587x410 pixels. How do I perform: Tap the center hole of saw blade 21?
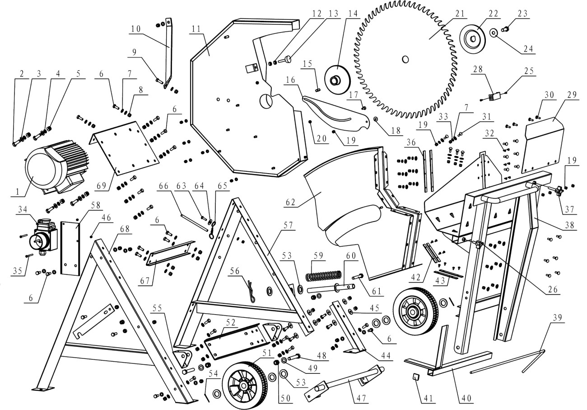pos(405,59)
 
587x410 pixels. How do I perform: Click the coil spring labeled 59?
pos(323,275)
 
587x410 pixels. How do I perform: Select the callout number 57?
pos(285,224)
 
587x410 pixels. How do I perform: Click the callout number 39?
pos(557,318)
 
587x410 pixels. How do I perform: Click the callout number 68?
pos(125,229)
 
